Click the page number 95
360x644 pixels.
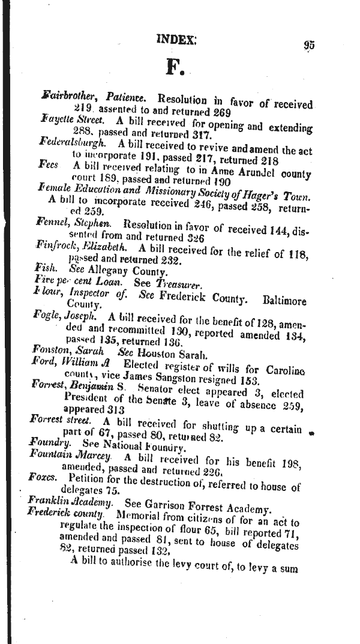[x=310, y=44]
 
